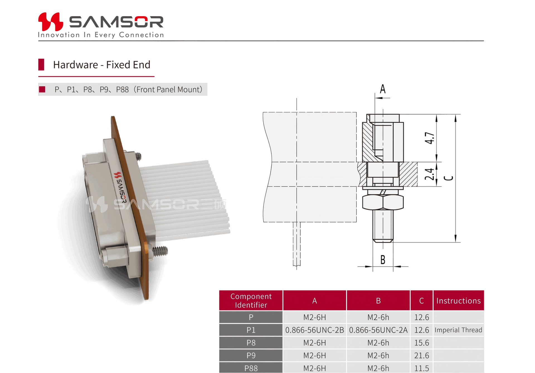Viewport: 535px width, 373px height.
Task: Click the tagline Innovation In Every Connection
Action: click(x=101, y=35)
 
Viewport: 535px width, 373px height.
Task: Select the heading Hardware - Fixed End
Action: click(x=102, y=65)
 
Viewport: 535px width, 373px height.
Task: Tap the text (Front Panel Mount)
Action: click(x=168, y=90)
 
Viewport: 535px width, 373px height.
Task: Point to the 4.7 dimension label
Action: click(x=429, y=138)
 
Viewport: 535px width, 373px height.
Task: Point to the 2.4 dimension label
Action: click(x=429, y=174)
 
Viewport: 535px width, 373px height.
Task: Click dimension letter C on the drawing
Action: click(x=448, y=178)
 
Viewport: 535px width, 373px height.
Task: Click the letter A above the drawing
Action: click(x=383, y=89)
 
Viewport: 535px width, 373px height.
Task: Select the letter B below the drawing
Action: click(x=383, y=260)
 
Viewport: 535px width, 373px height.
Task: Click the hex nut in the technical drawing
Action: click(x=383, y=202)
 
